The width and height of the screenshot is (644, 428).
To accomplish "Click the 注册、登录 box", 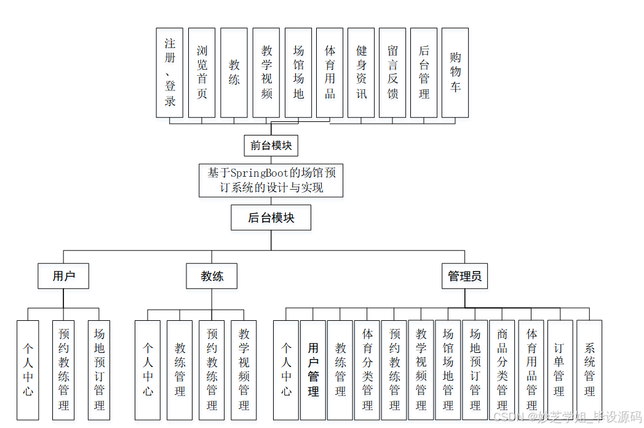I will (x=170, y=73).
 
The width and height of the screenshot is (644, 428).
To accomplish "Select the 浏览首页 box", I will (x=202, y=73).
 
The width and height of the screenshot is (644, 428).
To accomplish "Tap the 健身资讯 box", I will (x=361, y=73).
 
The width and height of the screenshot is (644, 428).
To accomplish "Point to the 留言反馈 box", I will (x=392, y=73).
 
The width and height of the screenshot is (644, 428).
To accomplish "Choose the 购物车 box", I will (x=455, y=73).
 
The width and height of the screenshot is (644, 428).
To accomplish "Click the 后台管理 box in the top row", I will (x=424, y=73).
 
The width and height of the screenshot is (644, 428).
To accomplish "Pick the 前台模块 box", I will (x=271, y=146).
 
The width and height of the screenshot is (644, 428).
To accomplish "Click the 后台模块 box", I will (x=271, y=218).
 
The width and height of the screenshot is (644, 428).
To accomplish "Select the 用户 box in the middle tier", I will (x=63, y=277).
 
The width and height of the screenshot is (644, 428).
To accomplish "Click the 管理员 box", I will (x=464, y=277).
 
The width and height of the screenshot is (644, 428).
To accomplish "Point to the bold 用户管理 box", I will (x=313, y=370).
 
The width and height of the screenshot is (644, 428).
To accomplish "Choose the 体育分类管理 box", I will (x=367, y=370).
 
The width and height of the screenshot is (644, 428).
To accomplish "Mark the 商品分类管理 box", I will (x=503, y=370).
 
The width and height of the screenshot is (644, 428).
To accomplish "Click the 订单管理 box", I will (x=559, y=370).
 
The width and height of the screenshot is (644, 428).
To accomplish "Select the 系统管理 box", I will (x=589, y=370).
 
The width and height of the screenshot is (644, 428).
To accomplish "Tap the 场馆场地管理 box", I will (x=448, y=370).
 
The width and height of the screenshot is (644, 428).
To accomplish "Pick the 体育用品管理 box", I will (x=531, y=370).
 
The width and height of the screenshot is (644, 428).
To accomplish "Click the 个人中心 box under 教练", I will (x=148, y=370).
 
